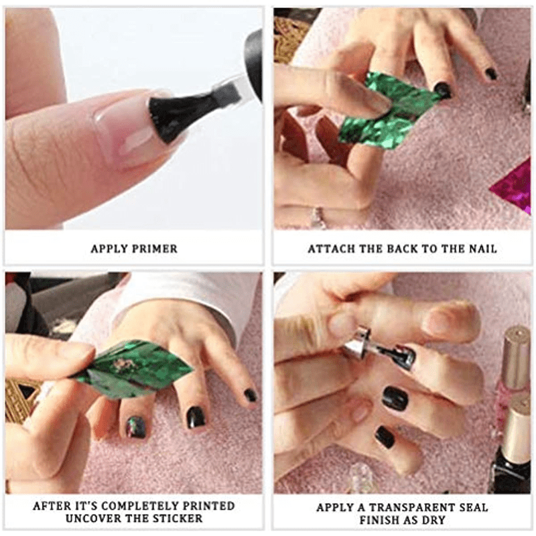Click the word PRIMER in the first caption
(x=155, y=249)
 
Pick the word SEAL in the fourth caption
(x=473, y=508)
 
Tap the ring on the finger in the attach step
(x=316, y=216)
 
